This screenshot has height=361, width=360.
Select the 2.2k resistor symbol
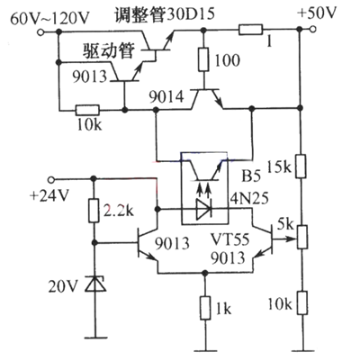(93, 212)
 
